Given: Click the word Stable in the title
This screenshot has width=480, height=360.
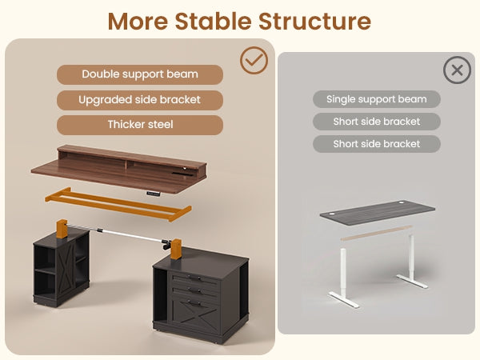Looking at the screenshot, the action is (x=213, y=21).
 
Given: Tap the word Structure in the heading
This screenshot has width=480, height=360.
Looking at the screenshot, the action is (x=314, y=21).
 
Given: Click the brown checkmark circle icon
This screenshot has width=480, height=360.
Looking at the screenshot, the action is (x=254, y=60).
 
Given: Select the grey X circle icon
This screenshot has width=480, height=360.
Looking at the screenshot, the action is (x=457, y=70).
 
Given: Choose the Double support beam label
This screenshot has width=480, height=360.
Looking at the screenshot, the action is (x=140, y=74).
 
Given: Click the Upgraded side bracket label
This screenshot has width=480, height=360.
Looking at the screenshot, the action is (x=140, y=100).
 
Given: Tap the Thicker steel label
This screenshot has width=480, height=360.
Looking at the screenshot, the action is (x=140, y=125).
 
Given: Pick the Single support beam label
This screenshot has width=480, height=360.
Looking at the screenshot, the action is (x=377, y=99).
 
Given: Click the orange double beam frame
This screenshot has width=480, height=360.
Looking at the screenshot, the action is (x=118, y=204).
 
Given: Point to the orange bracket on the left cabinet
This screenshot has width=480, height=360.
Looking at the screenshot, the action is (x=62, y=229).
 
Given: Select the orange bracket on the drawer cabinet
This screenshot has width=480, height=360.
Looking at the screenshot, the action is (x=176, y=249).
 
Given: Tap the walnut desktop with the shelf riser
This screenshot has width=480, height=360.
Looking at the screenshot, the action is (x=119, y=170).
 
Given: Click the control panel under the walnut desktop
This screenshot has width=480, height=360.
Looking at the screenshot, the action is (x=154, y=194).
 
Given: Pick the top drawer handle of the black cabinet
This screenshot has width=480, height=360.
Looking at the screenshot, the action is (x=195, y=278).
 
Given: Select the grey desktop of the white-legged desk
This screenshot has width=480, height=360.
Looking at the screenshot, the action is (x=377, y=213).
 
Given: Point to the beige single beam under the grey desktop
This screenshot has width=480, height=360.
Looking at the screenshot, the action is (x=377, y=233).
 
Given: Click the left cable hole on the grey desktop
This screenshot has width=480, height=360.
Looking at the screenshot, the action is (x=331, y=214).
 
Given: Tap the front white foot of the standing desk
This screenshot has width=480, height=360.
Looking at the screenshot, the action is (x=343, y=299).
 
